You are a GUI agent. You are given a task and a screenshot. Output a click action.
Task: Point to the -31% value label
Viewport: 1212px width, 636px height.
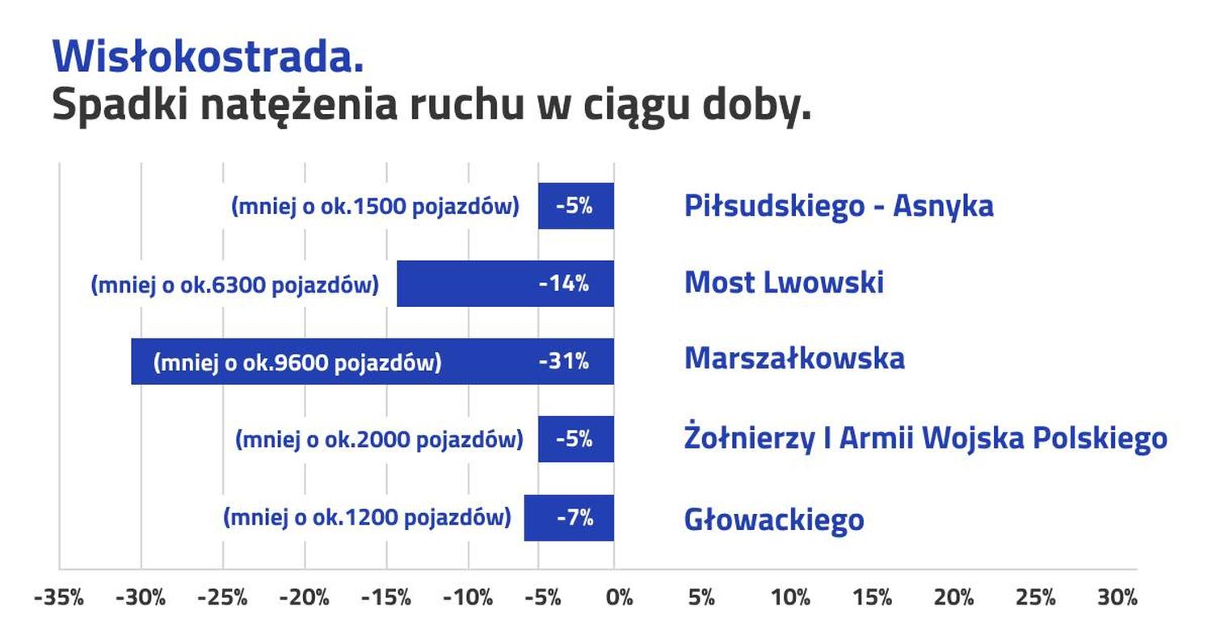(x=564, y=361)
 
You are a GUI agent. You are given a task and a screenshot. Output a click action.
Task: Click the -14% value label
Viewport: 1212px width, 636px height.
(x=564, y=284)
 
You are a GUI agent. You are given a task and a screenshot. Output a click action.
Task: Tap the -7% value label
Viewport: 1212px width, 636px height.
(x=574, y=517)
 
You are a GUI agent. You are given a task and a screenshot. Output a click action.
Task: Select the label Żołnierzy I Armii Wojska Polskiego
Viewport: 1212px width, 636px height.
(x=925, y=439)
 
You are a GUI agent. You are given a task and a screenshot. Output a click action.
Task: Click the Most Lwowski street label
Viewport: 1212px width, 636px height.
(x=784, y=283)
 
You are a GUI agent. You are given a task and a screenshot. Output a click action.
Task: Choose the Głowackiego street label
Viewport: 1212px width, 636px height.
(x=774, y=519)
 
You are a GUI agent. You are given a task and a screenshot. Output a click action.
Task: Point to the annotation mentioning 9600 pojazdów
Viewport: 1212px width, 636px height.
(x=297, y=363)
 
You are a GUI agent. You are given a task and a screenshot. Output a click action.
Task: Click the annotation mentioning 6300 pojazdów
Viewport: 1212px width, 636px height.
(x=235, y=285)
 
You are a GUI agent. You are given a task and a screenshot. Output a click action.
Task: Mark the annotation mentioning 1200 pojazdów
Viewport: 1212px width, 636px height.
(x=367, y=517)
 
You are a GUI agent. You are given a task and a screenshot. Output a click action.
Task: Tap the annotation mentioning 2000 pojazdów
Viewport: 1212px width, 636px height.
(x=379, y=440)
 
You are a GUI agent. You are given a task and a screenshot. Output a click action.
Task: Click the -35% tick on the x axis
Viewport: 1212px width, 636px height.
(x=59, y=598)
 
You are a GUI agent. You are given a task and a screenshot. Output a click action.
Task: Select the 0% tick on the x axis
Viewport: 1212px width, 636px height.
(x=619, y=598)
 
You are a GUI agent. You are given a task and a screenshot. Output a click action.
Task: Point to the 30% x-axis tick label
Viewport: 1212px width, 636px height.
(x=1117, y=598)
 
